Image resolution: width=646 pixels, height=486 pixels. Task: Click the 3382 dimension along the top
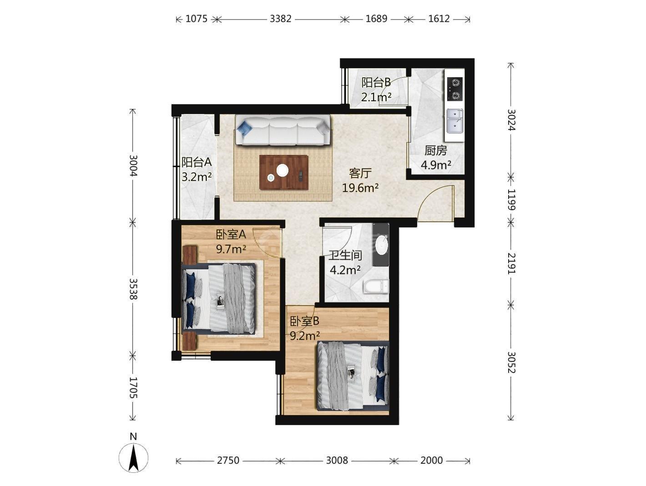(x=281, y=19)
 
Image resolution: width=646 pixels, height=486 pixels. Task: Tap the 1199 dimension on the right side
(x=511, y=199)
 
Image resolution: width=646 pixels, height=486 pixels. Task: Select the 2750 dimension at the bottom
(x=228, y=460)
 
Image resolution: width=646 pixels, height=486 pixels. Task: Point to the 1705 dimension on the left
(x=133, y=387)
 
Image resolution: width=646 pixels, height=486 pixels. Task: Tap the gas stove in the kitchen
(x=454, y=89)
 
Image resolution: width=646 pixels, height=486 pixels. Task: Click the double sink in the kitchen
(x=454, y=120)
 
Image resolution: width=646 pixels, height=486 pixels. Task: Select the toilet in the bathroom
(x=376, y=286)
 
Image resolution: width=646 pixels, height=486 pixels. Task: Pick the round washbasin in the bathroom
(x=382, y=244)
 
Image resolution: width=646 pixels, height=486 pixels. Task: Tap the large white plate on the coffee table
(x=282, y=170)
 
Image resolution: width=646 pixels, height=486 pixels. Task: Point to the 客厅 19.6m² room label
(x=360, y=180)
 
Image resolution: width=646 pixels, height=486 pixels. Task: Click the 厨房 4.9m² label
(x=436, y=158)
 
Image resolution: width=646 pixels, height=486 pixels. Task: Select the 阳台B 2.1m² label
(x=376, y=89)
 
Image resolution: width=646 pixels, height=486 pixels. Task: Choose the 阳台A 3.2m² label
(x=196, y=169)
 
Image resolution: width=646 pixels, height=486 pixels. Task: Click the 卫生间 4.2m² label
(x=345, y=263)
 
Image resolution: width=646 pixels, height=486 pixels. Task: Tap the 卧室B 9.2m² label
(x=305, y=328)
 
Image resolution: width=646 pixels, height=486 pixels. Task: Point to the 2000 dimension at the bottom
(x=431, y=460)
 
